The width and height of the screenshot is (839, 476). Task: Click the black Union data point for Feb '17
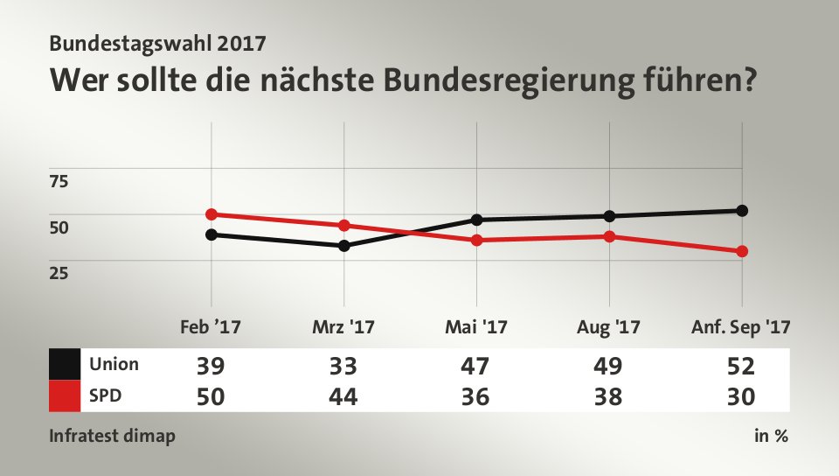pyautogui.click(x=211, y=234)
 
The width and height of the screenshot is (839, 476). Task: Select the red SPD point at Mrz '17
pyautogui.click(x=343, y=226)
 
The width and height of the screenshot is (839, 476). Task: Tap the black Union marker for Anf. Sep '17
pyautogui.click(x=742, y=210)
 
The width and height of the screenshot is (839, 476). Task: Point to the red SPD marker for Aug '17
pyautogui.click(x=609, y=236)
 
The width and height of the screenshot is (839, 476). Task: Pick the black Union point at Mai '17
pyautogui.click(x=476, y=220)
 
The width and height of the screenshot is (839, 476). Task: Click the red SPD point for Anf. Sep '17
pyautogui.click(x=742, y=251)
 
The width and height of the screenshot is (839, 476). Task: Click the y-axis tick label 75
pyautogui.click(x=59, y=182)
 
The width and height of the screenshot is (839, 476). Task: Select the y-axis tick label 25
pyautogui.click(x=59, y=273)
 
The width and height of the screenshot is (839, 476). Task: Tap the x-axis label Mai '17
pyautogui.click(x=476, y=328)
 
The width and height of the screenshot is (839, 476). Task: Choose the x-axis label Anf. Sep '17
pyautogui.click(x=741, y=328)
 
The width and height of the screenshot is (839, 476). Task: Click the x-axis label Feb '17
pyautogui.click(x=210, y=328)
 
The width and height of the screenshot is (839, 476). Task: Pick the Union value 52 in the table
pyautogui.click(x=742, y=365)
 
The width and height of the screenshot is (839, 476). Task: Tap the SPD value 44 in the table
pyautogui.click(x=343, y=396)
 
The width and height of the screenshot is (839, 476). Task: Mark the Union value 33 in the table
pyautogui.click(x=343, y=365)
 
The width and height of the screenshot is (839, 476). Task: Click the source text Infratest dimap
pyautogui.click(x=112, y=436)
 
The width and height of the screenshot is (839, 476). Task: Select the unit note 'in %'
pyautogui.click(x=771, y=436)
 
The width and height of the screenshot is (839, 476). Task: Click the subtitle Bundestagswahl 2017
pyautogui.click(x=157, y=41)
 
